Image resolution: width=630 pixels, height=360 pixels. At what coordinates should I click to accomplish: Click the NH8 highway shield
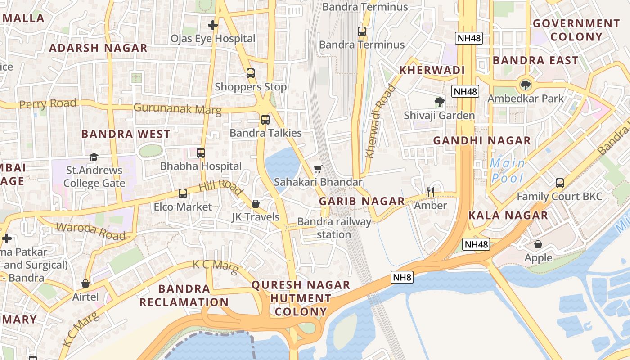402,277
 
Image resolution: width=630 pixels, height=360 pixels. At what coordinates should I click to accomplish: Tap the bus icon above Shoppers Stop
251,73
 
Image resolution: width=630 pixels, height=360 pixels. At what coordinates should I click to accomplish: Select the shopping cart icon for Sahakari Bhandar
318,169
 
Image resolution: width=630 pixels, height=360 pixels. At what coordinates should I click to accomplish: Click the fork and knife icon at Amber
431,192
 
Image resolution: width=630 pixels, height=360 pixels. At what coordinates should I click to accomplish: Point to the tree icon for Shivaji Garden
439,102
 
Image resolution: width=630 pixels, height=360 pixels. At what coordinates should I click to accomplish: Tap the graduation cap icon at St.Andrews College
94,157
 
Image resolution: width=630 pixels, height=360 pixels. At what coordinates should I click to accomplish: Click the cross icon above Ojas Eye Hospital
213,25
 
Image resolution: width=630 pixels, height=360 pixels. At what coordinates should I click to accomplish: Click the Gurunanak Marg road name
178,108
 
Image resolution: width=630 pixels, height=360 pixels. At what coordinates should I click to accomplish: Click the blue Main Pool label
508,171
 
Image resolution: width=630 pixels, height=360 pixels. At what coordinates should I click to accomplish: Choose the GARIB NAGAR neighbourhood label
362,201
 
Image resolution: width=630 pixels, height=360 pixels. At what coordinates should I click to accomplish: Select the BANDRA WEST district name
126,134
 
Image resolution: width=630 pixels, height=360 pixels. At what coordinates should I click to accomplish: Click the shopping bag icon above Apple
538,244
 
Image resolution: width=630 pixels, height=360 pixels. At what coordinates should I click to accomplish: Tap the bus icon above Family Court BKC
559,183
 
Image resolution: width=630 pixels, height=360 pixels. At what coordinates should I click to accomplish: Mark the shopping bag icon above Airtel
85,283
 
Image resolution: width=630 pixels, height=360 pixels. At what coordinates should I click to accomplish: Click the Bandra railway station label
334,228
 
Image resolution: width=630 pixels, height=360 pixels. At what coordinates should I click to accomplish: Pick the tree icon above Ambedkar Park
525,85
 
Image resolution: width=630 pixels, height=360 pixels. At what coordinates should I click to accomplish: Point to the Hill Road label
221,185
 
